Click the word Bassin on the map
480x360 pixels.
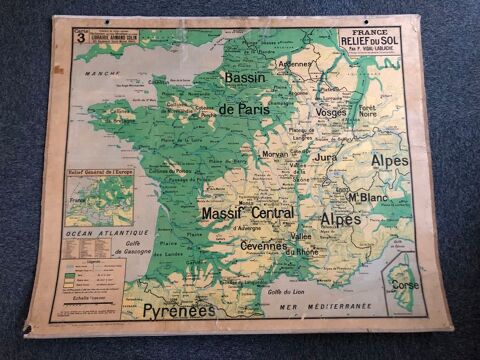point(251,77)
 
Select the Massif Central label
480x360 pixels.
point(247,213)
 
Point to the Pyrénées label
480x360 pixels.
point(178,310)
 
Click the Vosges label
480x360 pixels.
point(331,113)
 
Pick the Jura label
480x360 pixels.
point(326,157)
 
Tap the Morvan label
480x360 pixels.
point(274,154)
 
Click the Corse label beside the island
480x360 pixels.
point(404,284)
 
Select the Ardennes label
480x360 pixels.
point(296,64)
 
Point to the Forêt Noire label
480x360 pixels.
point(368,111)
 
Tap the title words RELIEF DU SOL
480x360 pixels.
point(370,41)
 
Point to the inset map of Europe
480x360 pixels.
point(98,198)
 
